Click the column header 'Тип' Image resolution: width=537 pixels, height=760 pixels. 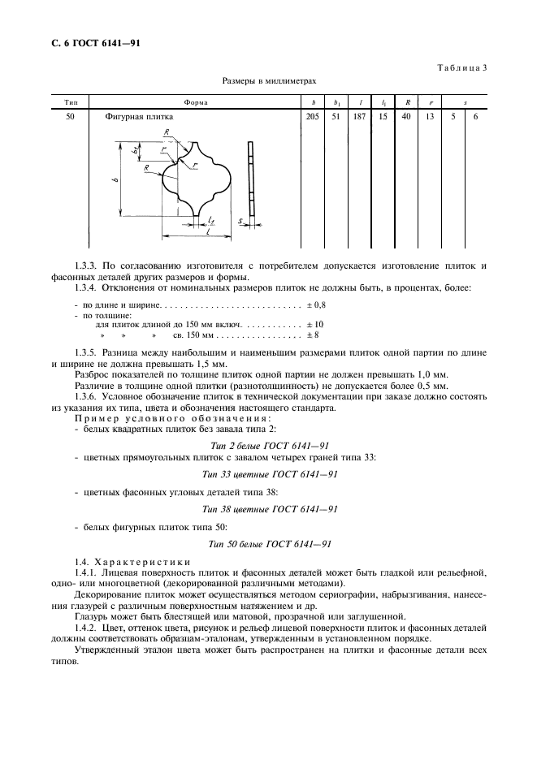tap(70, 103)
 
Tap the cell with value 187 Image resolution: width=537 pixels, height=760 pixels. tap(359, 117)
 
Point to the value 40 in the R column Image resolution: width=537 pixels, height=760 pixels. tap(405, 117)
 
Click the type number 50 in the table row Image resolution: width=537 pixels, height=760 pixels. tap(70, 117)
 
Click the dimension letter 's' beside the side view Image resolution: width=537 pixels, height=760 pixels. tap(240, 220)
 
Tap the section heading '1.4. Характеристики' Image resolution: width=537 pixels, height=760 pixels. tap(132, 562)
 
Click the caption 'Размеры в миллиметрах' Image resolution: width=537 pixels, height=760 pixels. tap(268, 81)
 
